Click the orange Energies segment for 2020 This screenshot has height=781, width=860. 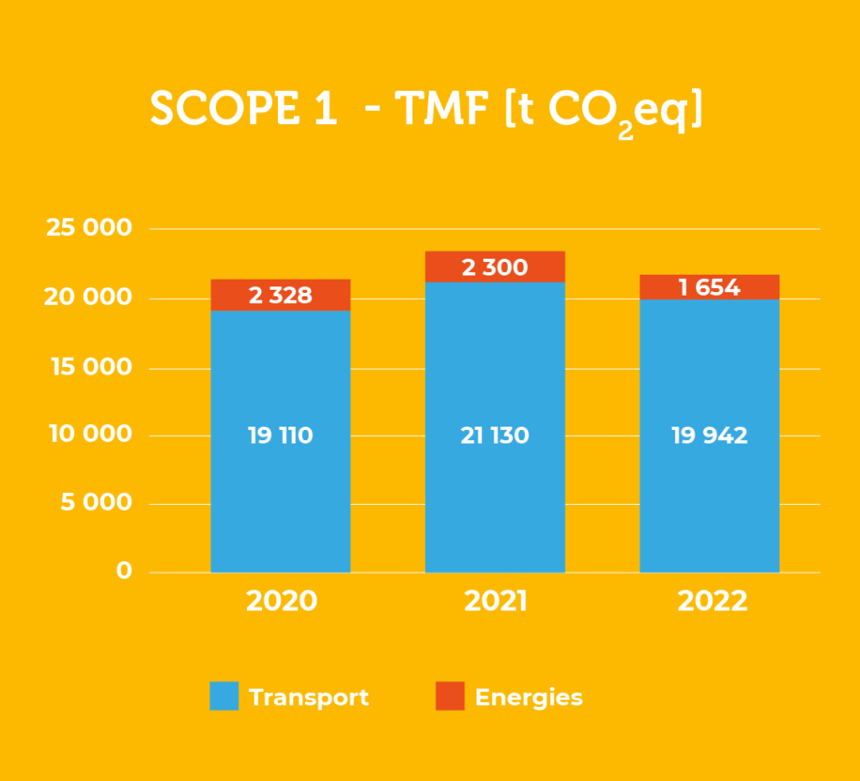(x=281, y=295)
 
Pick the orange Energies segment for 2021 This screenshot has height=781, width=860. (x=495, y=267)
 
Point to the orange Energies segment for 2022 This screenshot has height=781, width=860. (x=710, y=287)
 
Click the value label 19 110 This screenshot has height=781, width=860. (x=281, y=436)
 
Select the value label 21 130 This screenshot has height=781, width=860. (x=495, y=436)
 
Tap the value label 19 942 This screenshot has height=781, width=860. (x=710, y=436)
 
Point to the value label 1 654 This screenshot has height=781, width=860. (x=710, y=288)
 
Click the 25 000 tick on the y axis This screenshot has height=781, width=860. (x=88, y=228)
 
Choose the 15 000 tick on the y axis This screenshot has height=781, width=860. (x=88, y=367)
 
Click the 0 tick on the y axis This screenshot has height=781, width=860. (x=123, y=571)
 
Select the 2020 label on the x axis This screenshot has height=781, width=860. (x=281, y=601)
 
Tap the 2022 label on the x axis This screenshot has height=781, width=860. (x=711, y=601)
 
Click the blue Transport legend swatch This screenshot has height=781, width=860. (x=224, y=696)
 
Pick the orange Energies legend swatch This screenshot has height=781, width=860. (x=449, y=696)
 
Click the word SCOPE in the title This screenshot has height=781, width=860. (x=220, y=109)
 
